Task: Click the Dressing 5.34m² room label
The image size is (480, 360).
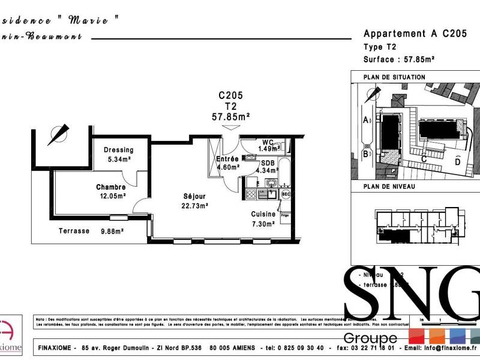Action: point(118,154)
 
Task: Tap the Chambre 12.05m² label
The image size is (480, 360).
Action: point(111,191)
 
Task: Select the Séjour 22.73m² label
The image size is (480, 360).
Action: point(195,200)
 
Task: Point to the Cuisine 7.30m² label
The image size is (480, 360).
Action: point(263,218)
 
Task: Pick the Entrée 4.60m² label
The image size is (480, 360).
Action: point(227,163)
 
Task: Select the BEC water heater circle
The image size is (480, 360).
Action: point(286,194)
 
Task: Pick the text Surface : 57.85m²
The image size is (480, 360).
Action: point(399,59)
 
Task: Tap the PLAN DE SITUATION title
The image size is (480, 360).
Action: point(394,77)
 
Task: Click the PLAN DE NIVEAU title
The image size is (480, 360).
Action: point(389,187)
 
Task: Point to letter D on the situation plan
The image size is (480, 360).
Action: point(458,161)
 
